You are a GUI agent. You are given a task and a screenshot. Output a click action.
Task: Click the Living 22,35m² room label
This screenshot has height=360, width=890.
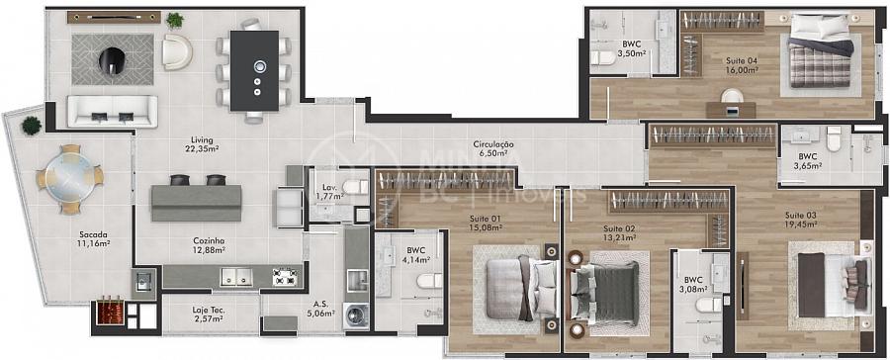202,144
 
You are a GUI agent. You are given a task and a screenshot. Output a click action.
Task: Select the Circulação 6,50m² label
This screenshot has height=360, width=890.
493,148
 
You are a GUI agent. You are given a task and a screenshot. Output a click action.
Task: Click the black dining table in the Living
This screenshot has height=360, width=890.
255,70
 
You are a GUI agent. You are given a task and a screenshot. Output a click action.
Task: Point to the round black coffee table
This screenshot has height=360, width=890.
112,60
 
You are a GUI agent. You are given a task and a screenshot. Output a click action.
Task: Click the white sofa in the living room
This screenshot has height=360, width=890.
113,112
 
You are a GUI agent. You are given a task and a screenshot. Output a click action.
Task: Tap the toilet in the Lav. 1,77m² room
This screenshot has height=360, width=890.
355,186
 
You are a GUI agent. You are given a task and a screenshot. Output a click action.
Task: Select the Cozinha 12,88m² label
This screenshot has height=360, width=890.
210,244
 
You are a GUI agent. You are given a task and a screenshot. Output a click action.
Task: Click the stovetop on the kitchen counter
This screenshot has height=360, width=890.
285,277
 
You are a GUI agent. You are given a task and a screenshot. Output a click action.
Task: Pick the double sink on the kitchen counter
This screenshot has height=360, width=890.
236,277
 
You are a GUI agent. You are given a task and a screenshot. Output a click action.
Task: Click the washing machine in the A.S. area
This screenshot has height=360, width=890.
356,316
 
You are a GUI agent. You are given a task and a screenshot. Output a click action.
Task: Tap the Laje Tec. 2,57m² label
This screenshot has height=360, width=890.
208,315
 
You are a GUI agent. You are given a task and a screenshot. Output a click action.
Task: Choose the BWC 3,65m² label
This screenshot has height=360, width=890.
807,161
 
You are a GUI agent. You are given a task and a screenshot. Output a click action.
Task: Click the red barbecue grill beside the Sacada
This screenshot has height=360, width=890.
110,312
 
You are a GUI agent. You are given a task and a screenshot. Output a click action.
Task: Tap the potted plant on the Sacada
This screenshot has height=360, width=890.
32,126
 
